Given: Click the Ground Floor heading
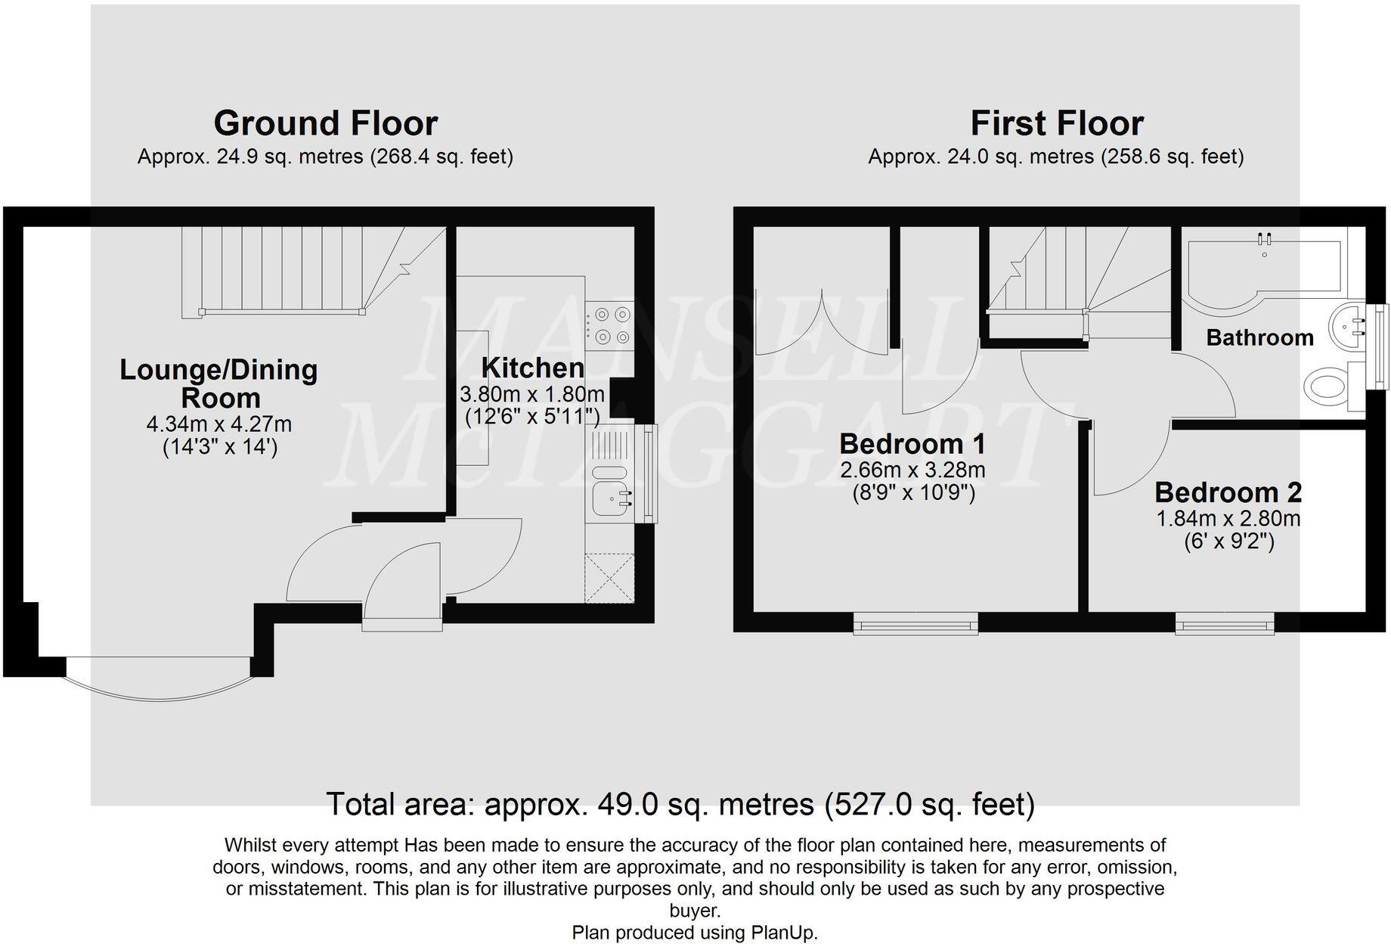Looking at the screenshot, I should point(325,123).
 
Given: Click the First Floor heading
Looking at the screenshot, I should point(1056,123).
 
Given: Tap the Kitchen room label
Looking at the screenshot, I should point(533,368).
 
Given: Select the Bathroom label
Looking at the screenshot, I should point(1259,337).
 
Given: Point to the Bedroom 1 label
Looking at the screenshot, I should point(912,443).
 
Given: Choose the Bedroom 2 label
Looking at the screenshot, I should point(1228,492).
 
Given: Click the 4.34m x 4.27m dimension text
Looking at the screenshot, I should point(219,424).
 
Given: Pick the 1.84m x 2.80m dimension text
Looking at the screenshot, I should point(1228,519).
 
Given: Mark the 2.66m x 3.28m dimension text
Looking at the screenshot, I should point(912,470).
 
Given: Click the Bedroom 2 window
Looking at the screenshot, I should point(1225,624).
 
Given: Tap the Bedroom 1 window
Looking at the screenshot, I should point(915,624).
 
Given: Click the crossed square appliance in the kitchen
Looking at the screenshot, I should point(610,578).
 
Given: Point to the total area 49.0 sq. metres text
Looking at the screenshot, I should point(680,804).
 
